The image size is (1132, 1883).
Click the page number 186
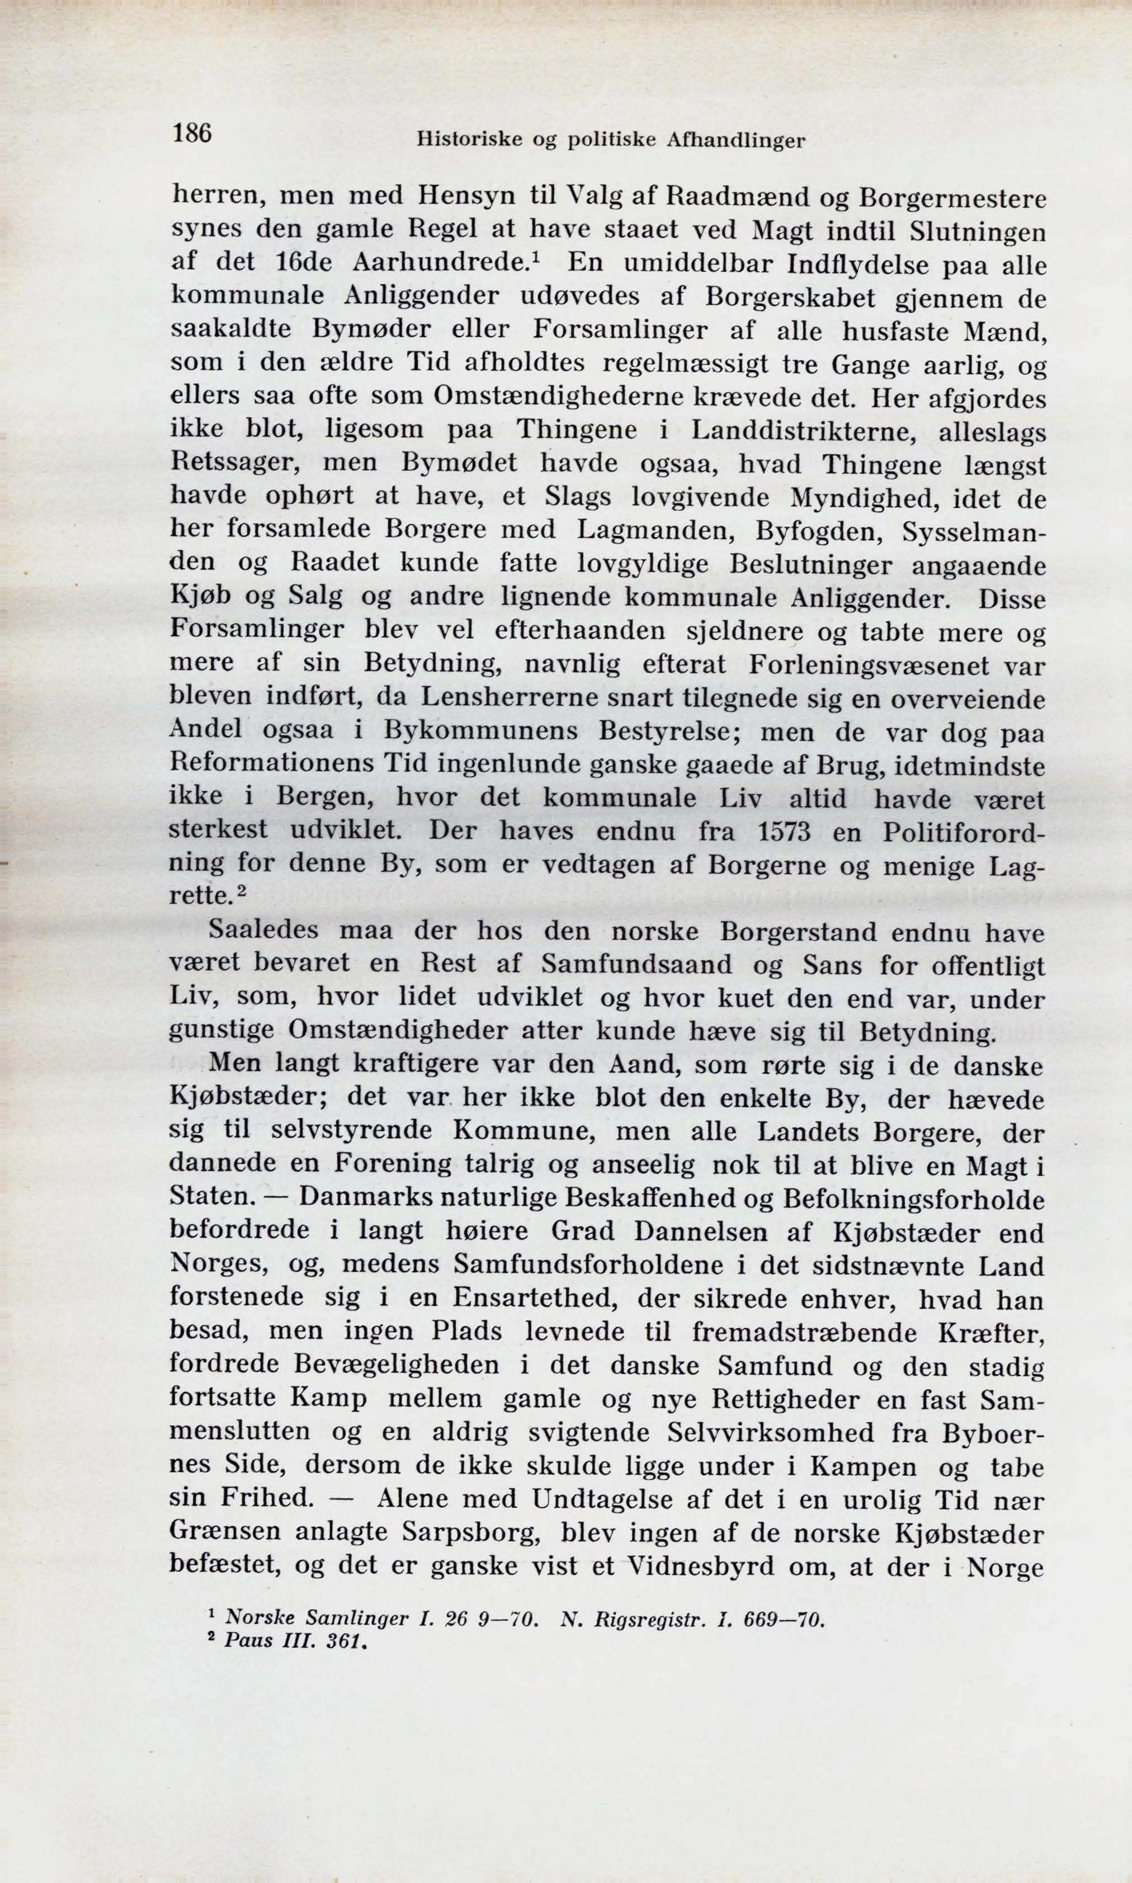pos(191,134)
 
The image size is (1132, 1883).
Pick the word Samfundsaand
pos(636,965)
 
